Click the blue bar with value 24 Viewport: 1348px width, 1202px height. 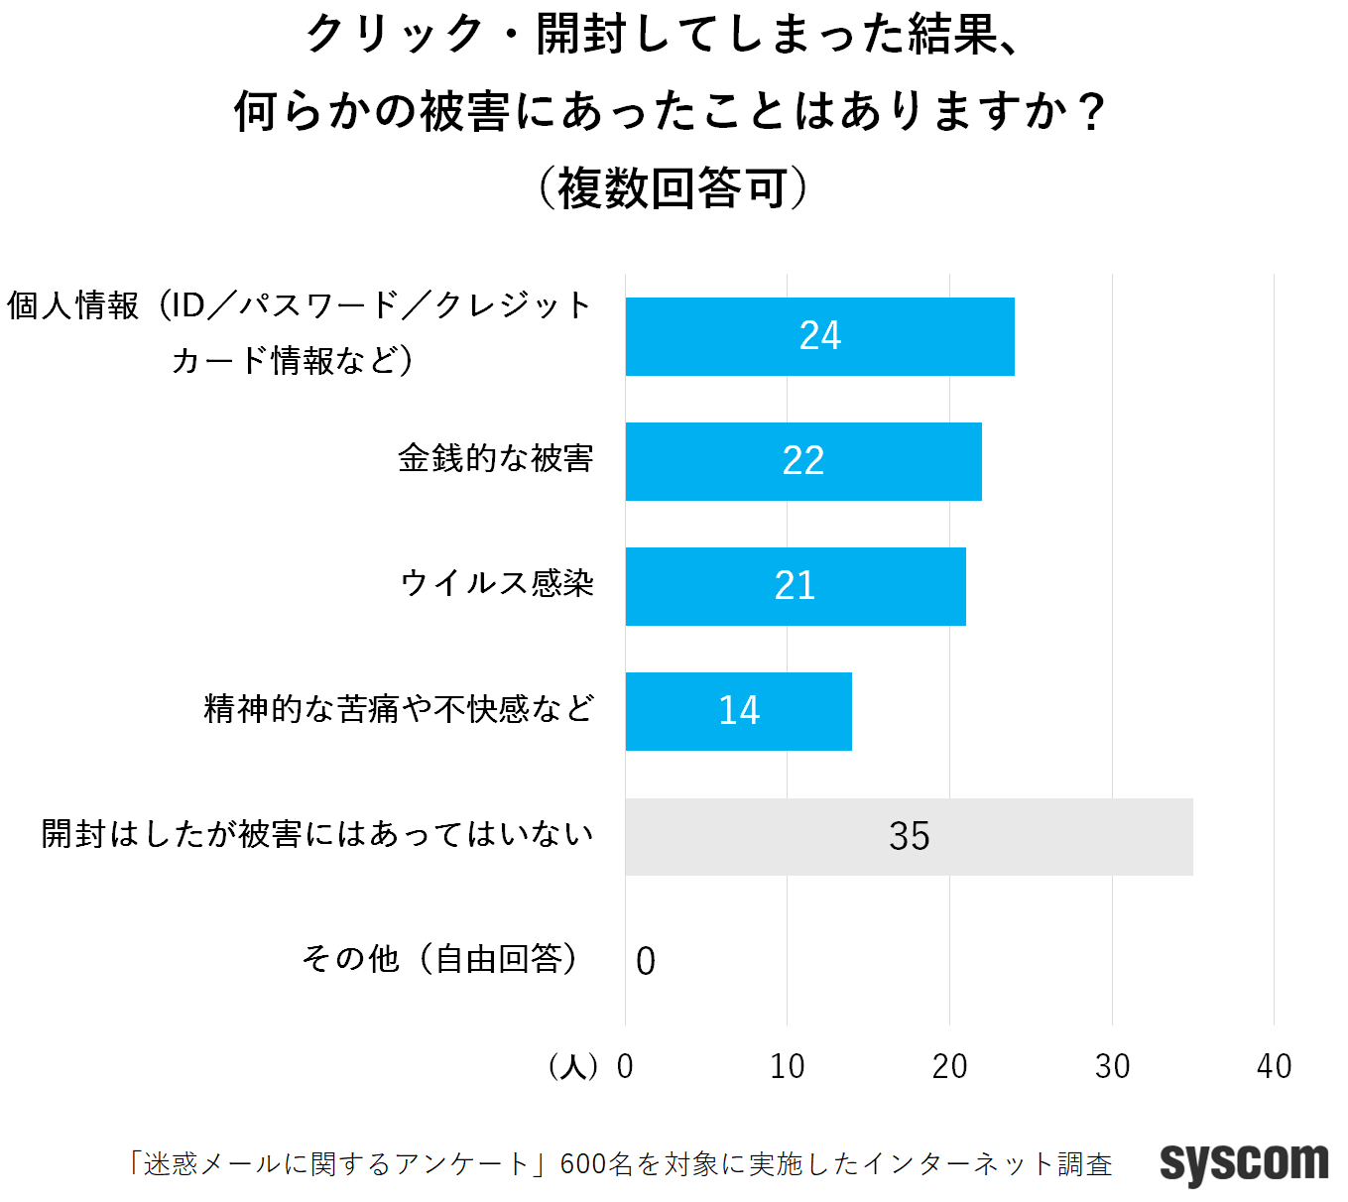point(819,336)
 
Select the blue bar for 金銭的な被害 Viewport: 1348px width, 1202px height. point(803,461)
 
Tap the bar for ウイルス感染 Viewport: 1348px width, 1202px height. point(796,586)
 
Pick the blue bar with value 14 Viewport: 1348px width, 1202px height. point(738,711)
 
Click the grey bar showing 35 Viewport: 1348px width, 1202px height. point(909,836)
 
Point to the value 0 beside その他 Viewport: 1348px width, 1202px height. point(646,961)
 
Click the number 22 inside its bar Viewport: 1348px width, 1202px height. point(803,461)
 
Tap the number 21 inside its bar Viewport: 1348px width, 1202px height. point(796,586)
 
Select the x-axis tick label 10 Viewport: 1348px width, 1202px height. point(788,1066)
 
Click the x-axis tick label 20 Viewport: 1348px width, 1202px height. point(949,1066)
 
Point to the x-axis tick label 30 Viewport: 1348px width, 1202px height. point(1112,1066)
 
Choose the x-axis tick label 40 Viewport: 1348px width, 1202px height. point(1274,1066)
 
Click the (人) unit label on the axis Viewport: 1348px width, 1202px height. point(572,1066)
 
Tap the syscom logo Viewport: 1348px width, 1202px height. point(1244,1162)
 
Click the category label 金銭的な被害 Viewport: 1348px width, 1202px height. point(495,458)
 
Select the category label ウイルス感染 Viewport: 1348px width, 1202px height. point(497,583)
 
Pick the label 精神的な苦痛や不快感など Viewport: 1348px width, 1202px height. point(399,708)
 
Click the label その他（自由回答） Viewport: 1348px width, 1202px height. point(440,958)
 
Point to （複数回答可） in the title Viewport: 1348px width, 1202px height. point(673,188)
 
